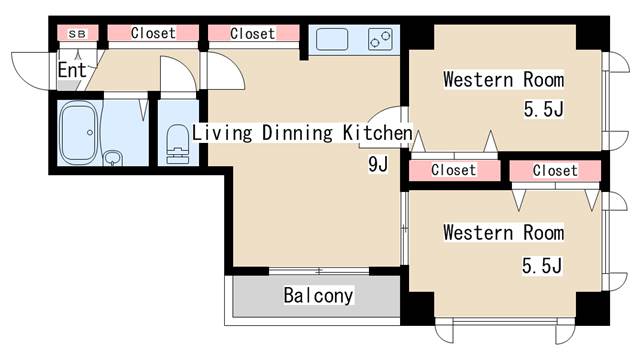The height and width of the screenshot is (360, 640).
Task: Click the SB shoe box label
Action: [x=77, y=34]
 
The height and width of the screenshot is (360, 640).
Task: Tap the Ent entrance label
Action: [x=71, y=70]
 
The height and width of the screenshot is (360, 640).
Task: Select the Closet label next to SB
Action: [x=152, y=33]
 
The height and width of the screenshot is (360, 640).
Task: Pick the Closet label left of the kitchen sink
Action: [x=252, y=34]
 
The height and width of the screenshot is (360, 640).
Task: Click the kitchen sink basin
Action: [x=332, y=40]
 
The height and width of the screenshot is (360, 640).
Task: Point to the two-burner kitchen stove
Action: [x=380, y=40]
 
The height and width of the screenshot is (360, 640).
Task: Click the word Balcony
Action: [x=318, y=296]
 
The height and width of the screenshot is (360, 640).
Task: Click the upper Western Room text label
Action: [x=503, y=79]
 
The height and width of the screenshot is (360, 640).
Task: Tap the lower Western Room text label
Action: [x=503, y=233]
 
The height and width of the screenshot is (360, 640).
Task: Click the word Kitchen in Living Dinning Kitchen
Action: [x=378, y=132]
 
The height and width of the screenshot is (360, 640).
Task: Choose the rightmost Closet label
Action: [x=554, y=171]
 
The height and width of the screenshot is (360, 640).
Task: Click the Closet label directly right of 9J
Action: [x=453, y=171]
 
